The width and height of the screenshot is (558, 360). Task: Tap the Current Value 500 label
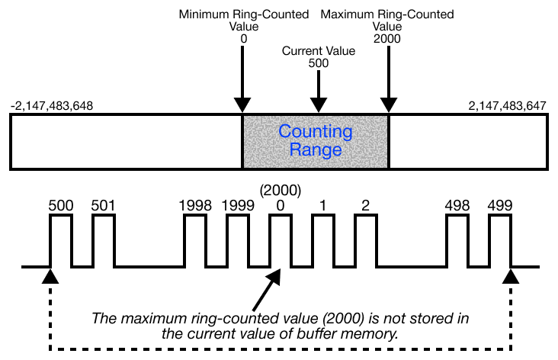click(x=319, y=57)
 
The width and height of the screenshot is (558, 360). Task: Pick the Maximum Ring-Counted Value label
click(x=387, y=25)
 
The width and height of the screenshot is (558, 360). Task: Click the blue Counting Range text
click(x=316, y=140)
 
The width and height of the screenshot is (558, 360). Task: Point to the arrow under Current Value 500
click(x=319, y=95)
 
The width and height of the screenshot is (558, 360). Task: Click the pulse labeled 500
click(x=61, y=240)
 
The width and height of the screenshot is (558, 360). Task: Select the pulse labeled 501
click(x=104, y=240)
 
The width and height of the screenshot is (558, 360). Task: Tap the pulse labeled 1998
click(x=195, y=240)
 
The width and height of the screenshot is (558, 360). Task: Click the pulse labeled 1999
click(x=238, y=240)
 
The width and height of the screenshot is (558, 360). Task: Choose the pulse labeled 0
click(x=281, y=240)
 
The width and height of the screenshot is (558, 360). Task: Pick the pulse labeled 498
click(x=457, y=240)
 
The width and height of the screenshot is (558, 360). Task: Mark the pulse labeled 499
click(x=499, y=240)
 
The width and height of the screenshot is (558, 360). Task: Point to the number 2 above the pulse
click(x=366, y=205)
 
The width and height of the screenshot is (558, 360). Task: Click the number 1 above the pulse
click(x=323, y=205)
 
